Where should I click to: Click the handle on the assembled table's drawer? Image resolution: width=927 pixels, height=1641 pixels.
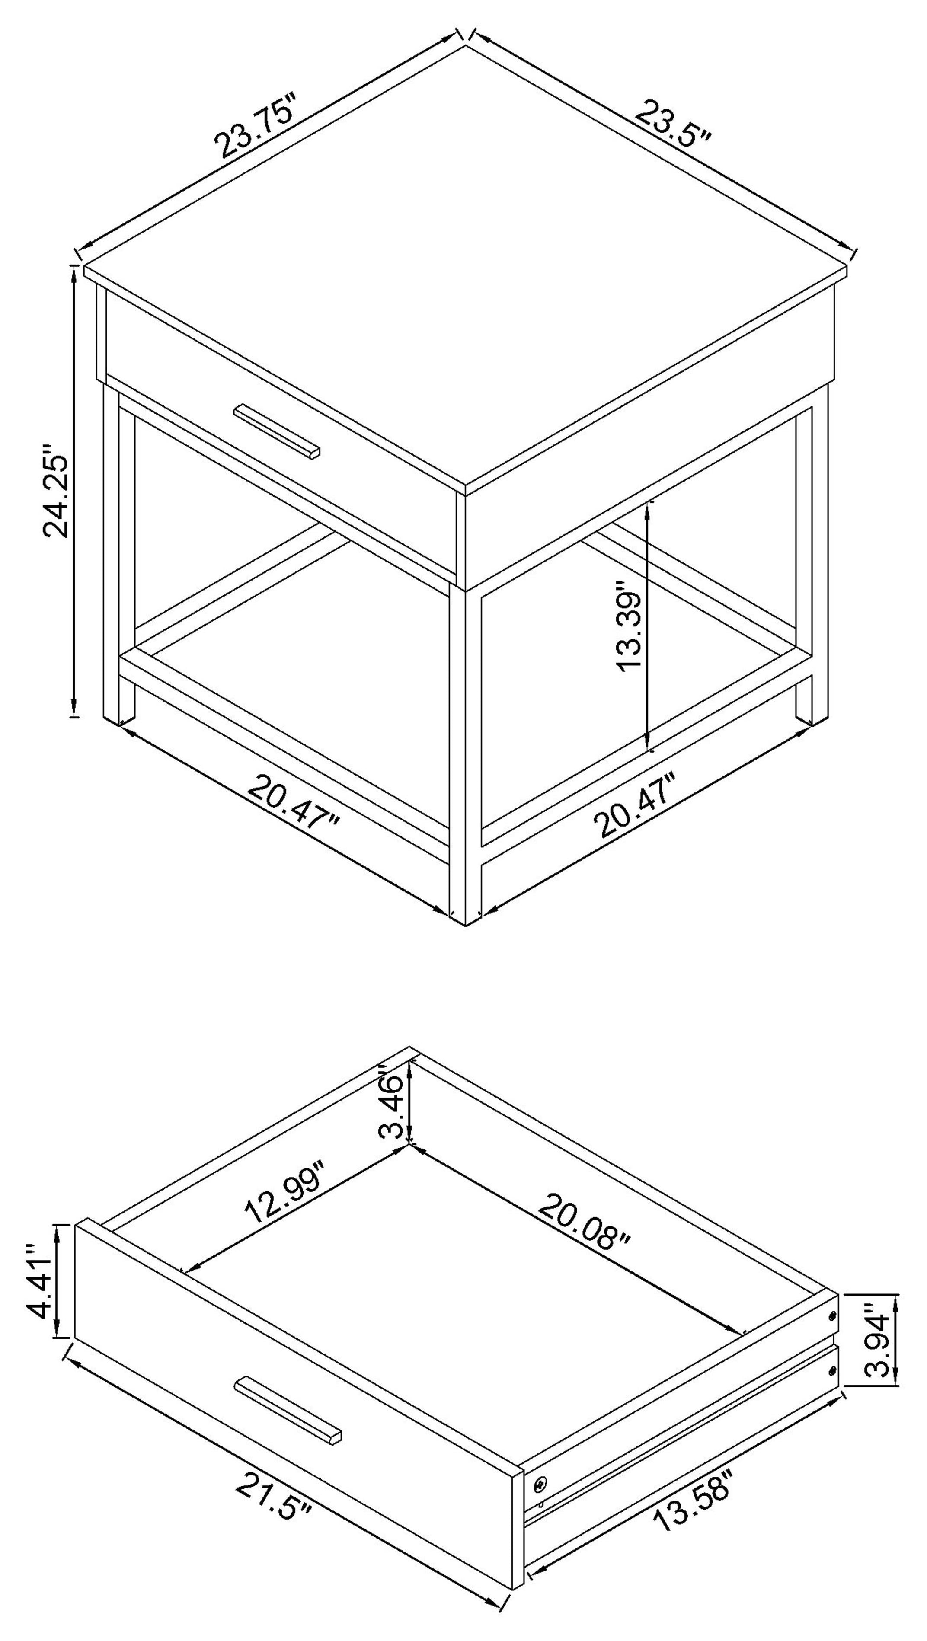277,431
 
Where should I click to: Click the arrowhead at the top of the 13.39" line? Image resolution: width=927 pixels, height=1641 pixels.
648,507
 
